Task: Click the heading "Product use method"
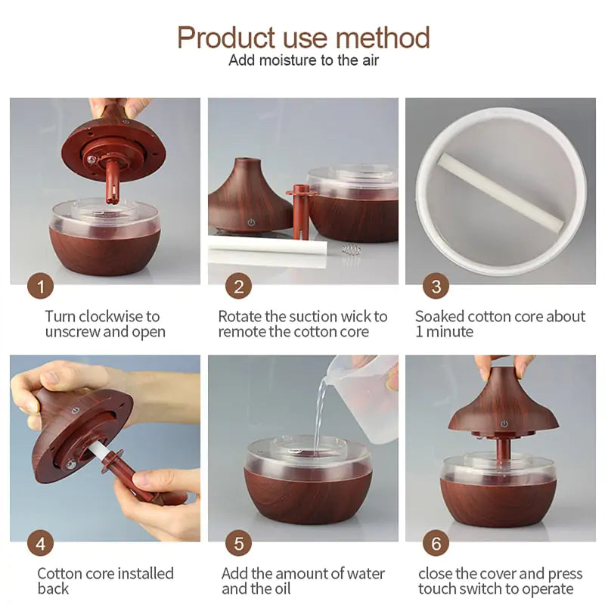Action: pyautogui.click(x=303, y=37)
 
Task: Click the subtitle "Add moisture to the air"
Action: pyautogui.click(x=303, y=60)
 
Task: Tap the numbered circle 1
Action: pyautogui.click(x=40, y=287)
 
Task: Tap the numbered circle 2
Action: pyautogui.click(x=238, y=287)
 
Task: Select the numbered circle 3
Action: pyautogui.click(x=436, y=287)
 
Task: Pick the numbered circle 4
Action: pyautogui.click(x=40, y=543)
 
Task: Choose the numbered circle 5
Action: pyautogui.click(x=238, y=543)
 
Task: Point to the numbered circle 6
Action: pyautogui.click(x=436, y=543)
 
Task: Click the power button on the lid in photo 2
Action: pyautogui.click(x=250, y=223)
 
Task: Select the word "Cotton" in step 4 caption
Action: pyautogui.click(x=60, y=573)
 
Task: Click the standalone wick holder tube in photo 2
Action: pyautogui.click(x=301, y=212)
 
